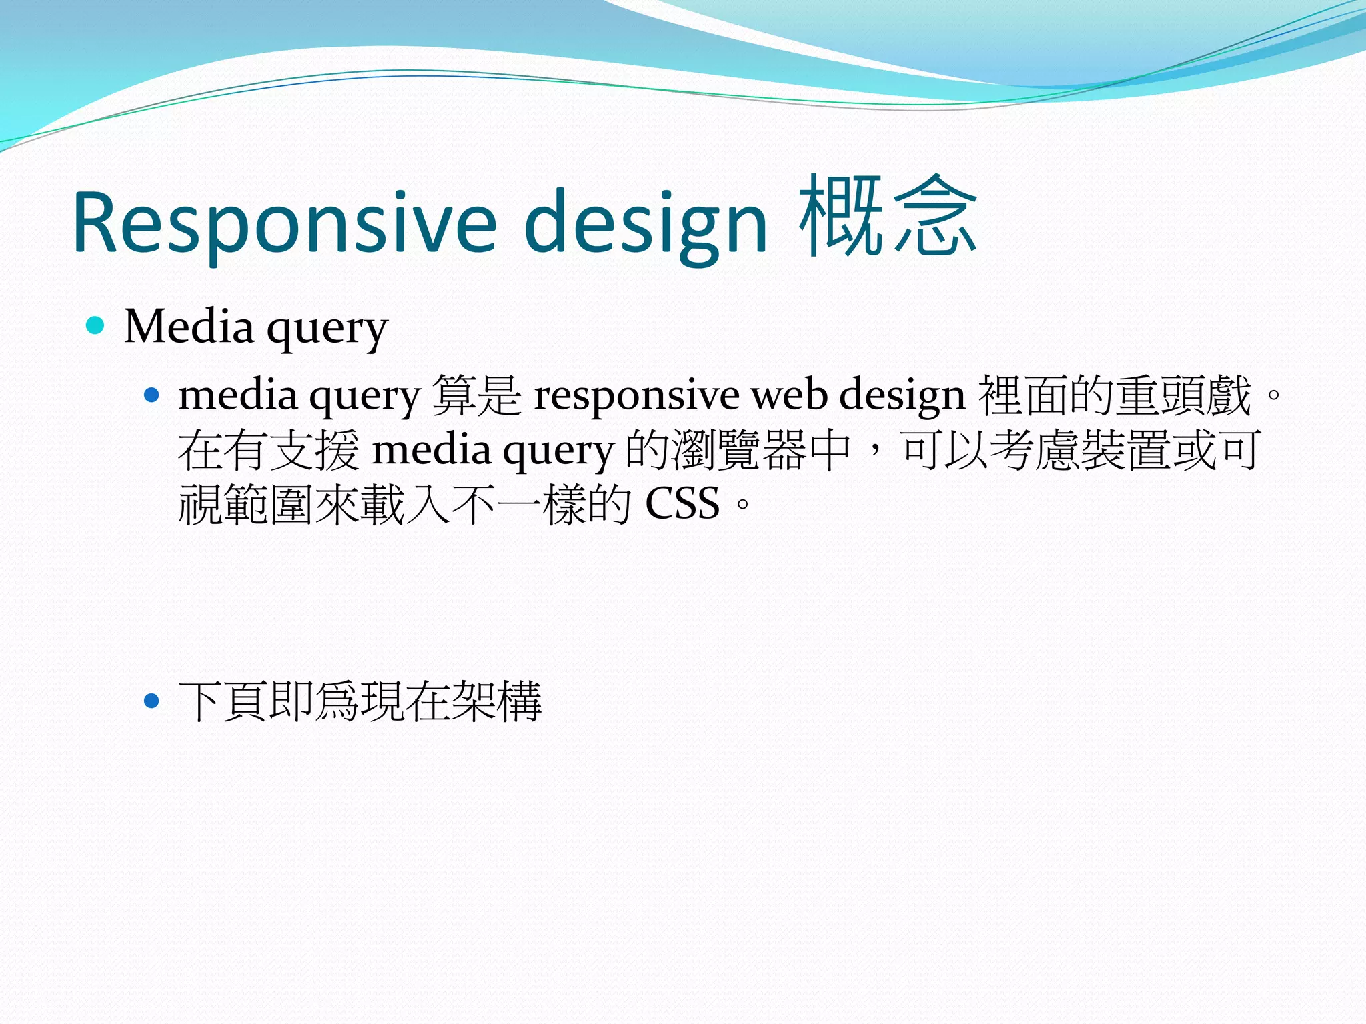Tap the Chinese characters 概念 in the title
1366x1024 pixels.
coord(888,217)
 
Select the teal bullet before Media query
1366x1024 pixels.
coord(96,325)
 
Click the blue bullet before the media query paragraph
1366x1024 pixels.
coord(152,395)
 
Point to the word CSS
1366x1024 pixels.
coord(682,503)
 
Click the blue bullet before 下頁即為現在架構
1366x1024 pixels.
coord(152,701)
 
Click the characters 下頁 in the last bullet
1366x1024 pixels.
coord(223,701)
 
